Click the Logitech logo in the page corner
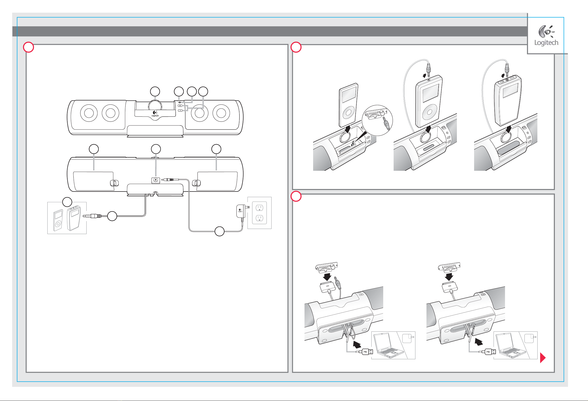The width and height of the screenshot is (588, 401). (x=546, y=35)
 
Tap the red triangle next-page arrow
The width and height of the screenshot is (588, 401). (x=542, y=358)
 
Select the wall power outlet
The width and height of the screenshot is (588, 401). (x=259, y=213)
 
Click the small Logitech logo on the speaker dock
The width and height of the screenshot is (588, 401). (x=155, y=114)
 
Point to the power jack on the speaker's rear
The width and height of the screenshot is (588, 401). (x=156, y=180)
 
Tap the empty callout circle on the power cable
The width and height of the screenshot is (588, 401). (x=219, y=231)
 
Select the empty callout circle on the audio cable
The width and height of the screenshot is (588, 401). (x=112, y=216)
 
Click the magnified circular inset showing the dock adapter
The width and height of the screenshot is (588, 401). (x=377, y=120)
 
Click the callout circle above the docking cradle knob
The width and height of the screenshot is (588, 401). (x=155, y=92)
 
